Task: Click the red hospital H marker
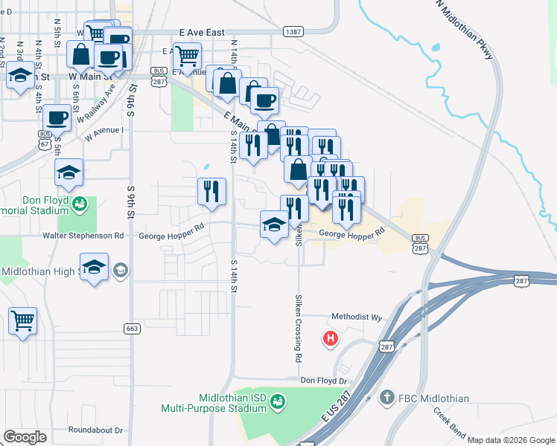click(331, 340)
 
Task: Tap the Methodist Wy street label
click(356, 317)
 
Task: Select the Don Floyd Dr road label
click(324, 381)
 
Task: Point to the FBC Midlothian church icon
click(386, 398)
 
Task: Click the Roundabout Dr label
click(95, 430)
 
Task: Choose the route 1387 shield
click(293, 32)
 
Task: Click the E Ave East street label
click(202, 33)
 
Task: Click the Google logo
click(25, 437)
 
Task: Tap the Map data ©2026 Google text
click(511, 440)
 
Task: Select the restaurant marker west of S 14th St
click(211, 191)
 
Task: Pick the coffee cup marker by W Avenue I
click(57, 117)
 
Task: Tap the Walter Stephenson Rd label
click(83, 236)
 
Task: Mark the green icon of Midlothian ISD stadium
click(277, 401)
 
